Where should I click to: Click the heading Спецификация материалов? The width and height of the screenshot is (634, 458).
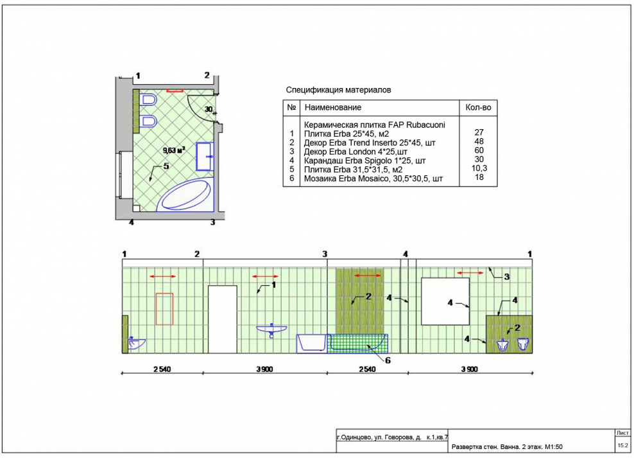pyautogui.click(x=338, y=90)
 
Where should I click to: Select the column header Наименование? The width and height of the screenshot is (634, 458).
pyautogui.click(x=333, y=108)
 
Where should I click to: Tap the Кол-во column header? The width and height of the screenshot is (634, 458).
pyautogui.click(x=478, y=108)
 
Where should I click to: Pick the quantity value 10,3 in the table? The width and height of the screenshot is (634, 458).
pyautogui.click(x=479, y=168)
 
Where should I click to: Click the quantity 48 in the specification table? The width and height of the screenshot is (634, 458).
pyautogui.click(x=479, y=141)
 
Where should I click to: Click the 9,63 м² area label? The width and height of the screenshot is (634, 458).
pyautogui.click(x=174, y=150)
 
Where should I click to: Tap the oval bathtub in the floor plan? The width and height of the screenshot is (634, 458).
pyautogui.click(x=184, y=195)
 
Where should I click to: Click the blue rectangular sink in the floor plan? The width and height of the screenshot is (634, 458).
pyautogui.click(x=205, y=156)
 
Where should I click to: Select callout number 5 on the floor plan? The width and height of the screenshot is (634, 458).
pyautogui.click(x=166, y=166)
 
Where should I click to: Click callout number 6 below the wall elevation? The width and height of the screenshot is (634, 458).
pyautogui.click(x=388, y=360)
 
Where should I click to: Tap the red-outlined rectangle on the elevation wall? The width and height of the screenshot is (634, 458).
pyautogui.click(x=164, y=309)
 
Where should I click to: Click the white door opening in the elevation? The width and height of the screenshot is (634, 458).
pyautogui.click(x=223, y=319)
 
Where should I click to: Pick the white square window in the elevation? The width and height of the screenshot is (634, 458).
pyautogui.click(x=445, y=301)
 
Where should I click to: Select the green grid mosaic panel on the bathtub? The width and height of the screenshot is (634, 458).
pyautogui.click(x=357, y=344)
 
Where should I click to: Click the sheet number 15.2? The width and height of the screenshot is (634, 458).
pyautogui.click(x=622, y=445)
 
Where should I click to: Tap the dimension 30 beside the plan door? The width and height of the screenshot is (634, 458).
pyautogui.click(x=209, y=109)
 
